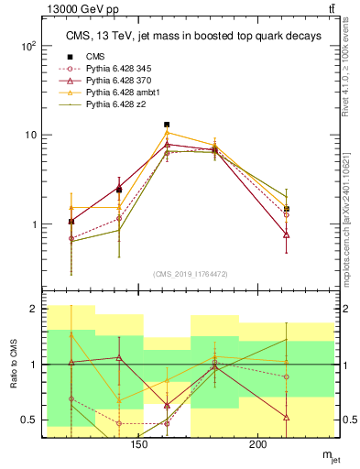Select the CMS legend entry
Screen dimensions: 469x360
tap(95, 57)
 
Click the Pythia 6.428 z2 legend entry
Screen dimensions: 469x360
tap(116, 104)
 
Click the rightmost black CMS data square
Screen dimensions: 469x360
tap(287, 209)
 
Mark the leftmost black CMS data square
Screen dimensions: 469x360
tap(71, 222)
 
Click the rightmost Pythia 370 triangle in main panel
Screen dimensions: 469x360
tap(287, 235)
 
